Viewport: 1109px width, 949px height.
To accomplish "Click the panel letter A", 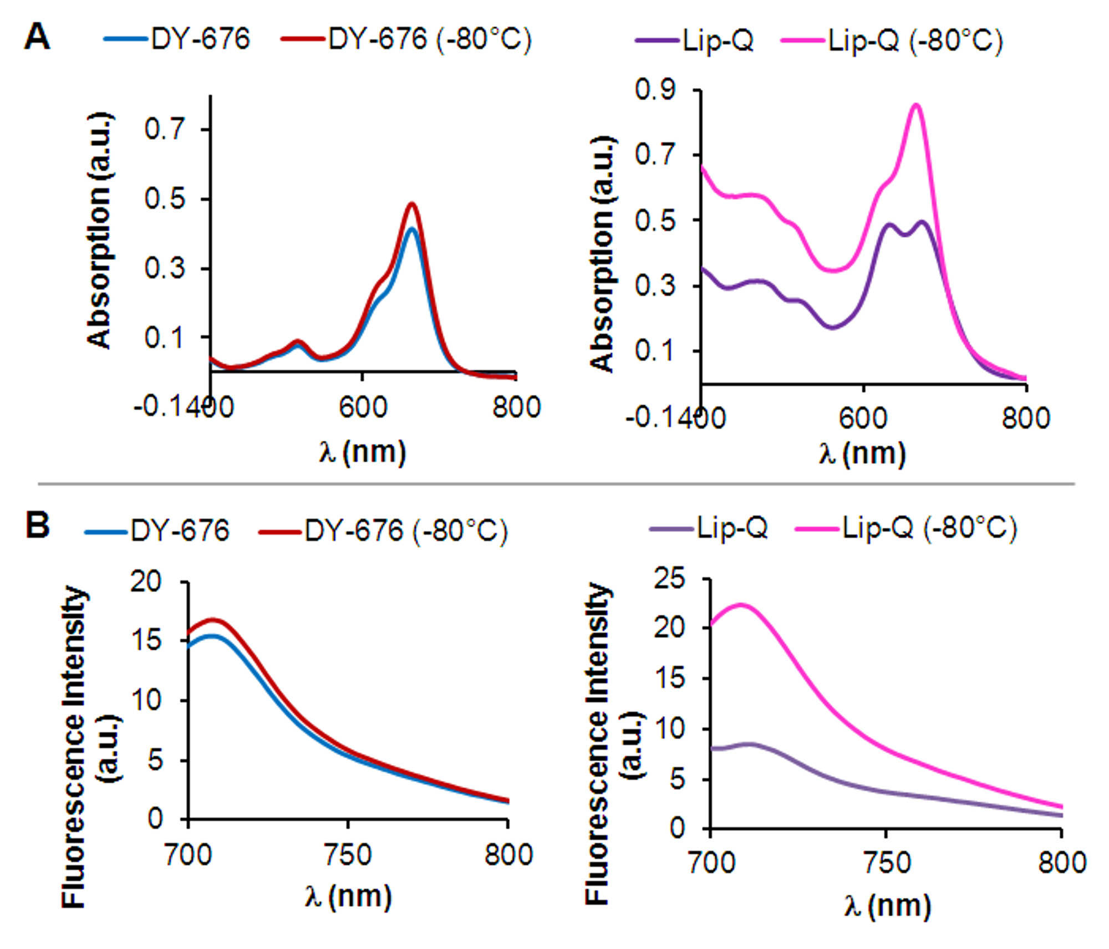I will pos(37,38).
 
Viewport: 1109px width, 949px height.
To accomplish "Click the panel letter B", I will pos(37,525).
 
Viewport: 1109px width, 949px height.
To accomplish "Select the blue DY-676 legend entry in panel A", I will pos(177,39).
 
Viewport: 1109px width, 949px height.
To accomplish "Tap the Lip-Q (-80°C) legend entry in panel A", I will pos(892,40).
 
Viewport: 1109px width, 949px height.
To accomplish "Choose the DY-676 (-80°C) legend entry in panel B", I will pos(383,530).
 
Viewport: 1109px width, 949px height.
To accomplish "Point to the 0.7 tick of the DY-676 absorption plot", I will pos(165,129).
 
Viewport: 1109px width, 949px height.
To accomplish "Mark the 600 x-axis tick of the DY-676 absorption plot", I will pos(362,407).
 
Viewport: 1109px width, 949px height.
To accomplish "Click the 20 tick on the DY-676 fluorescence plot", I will pos(146,582).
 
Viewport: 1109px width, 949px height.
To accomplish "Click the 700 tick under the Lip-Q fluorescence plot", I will pos(711,863).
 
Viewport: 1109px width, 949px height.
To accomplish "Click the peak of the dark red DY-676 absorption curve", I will pos(411,203).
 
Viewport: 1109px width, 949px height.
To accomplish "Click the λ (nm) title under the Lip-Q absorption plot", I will pos(862,453).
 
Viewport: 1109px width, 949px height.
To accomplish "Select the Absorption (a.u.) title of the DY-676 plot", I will pos(100,231).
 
